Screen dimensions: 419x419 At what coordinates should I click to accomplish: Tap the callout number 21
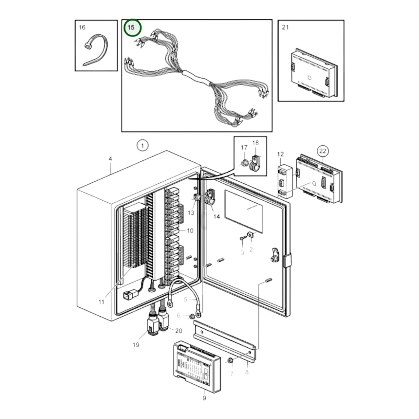point(285,27)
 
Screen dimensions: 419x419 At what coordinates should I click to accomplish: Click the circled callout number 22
point(322,151)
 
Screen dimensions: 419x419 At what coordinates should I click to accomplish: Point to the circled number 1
point(142,146)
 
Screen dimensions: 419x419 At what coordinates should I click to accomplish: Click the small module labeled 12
point(285,181)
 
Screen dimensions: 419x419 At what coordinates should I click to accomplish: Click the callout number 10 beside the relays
point(190,231)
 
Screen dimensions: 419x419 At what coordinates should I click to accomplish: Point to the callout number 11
point(101,302)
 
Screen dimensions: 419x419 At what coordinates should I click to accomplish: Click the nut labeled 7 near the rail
point(230,360)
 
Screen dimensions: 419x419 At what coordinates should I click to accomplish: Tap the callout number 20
point(179,331)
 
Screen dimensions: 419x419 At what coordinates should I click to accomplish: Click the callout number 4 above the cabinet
point(110,159)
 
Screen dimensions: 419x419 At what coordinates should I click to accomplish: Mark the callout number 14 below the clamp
point(217,216)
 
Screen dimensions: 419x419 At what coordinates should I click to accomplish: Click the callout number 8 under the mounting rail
point(247,372)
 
